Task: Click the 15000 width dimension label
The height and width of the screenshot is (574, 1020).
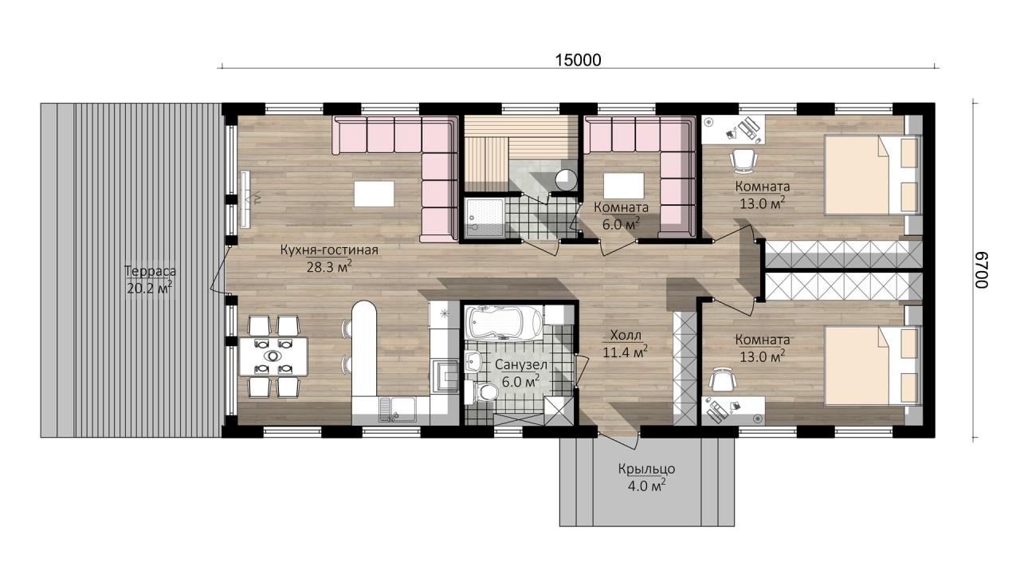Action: (578, 60)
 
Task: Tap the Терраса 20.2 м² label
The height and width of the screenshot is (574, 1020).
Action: (150, 280)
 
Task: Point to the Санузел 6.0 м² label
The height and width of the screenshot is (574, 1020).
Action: (521, 372)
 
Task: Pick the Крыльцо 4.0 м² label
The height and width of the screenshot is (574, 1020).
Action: (646, 477)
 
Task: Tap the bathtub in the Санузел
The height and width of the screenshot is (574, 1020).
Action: (504, 323)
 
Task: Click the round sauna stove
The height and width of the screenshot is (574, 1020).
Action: (566, 179)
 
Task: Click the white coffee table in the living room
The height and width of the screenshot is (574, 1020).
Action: (375, 194)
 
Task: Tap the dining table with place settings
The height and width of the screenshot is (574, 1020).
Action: (273, 356)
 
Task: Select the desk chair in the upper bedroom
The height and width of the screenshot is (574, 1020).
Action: (744, 161)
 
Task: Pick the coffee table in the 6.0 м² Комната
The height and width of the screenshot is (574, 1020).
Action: (624, 186)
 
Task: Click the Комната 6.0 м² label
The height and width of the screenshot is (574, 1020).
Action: (621, 215)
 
